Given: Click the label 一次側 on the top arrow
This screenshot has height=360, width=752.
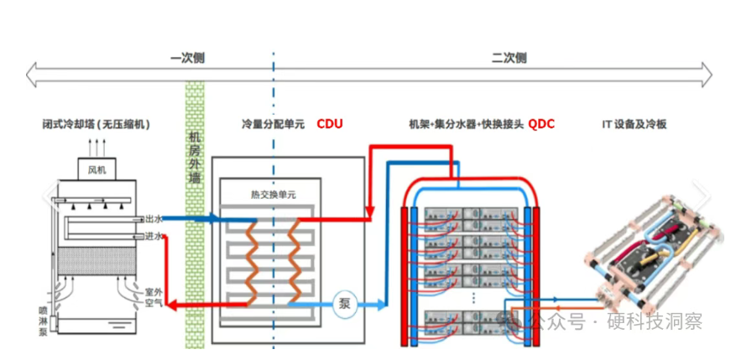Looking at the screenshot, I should [x=187, y=59].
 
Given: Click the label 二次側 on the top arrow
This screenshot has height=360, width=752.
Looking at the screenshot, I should [x=509, y=59].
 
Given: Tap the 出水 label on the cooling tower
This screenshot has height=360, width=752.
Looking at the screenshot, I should [x=152, y=219].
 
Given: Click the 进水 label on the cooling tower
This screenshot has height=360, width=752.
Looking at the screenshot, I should [x=152, y=237].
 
